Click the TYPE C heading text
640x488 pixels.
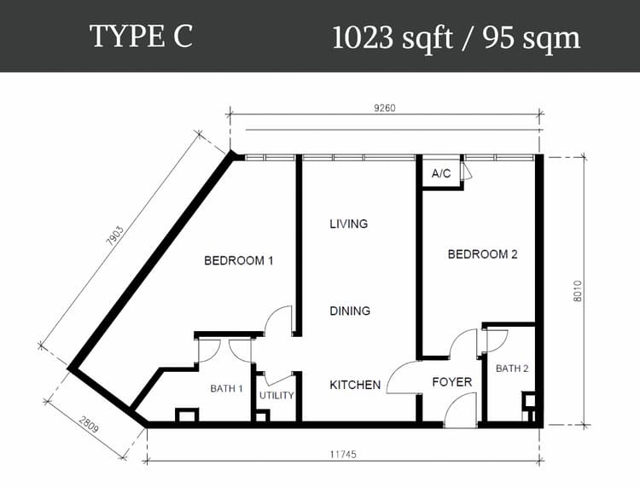(141, 36)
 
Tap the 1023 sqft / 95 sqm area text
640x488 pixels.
(456, 38)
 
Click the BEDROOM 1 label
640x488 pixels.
(239, 260)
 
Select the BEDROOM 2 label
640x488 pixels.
(482, 254)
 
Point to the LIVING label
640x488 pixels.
(348, 224)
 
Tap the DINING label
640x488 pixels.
(350, 311)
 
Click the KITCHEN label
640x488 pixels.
(355, 385)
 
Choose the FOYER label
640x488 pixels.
(451, 382)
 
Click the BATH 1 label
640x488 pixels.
(226, 388)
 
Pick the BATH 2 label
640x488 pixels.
(512, 369)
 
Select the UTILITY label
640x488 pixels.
(276, 395)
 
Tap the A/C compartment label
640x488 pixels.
(441, 174)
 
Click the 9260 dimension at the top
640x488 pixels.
(385, 107)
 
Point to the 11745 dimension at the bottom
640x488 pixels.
(343, 454)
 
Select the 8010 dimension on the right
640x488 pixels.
(578, 291)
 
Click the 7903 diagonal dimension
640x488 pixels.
(114, 235)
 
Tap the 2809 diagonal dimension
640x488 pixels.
(89, 425)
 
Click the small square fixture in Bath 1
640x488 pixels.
(187, 415)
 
